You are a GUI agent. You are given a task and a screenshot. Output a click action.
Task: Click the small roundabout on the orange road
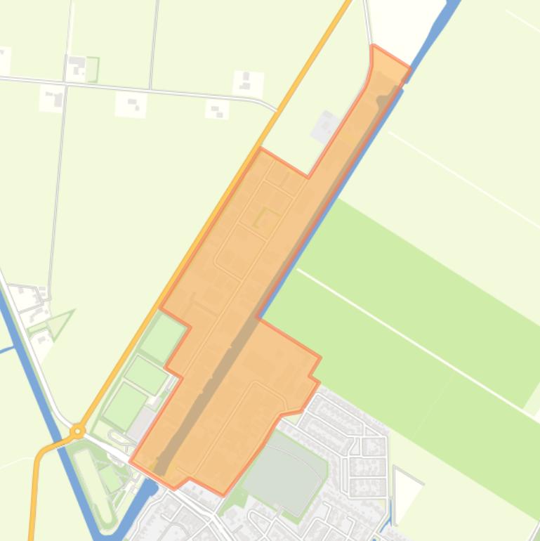pos(78,431)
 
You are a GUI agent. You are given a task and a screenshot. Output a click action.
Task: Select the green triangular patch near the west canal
pos(60,322)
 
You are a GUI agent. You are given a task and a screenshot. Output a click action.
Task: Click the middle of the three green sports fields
pos(147,375)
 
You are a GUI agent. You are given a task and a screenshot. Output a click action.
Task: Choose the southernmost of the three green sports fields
pos(125,407)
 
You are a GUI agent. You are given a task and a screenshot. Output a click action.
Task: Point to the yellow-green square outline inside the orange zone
pos(266,218)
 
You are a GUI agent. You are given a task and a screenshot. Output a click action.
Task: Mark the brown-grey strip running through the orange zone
pos(267,295)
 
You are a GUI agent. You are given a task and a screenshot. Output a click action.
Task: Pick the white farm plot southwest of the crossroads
pos(52,99)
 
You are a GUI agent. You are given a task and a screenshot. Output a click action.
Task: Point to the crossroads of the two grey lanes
pos(66,84)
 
